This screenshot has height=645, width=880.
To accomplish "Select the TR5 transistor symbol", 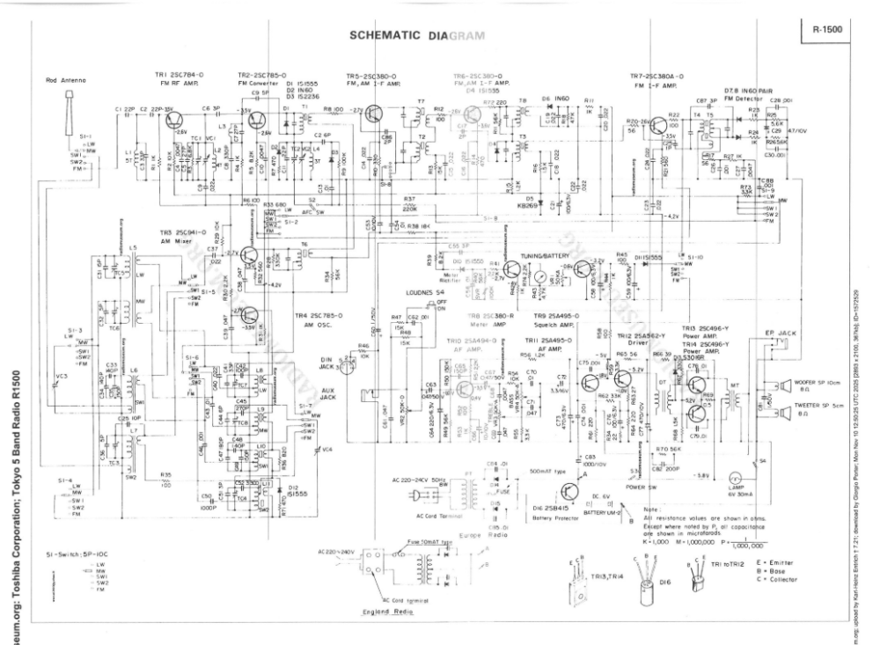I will pyautogui.click(x=377, y=114).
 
